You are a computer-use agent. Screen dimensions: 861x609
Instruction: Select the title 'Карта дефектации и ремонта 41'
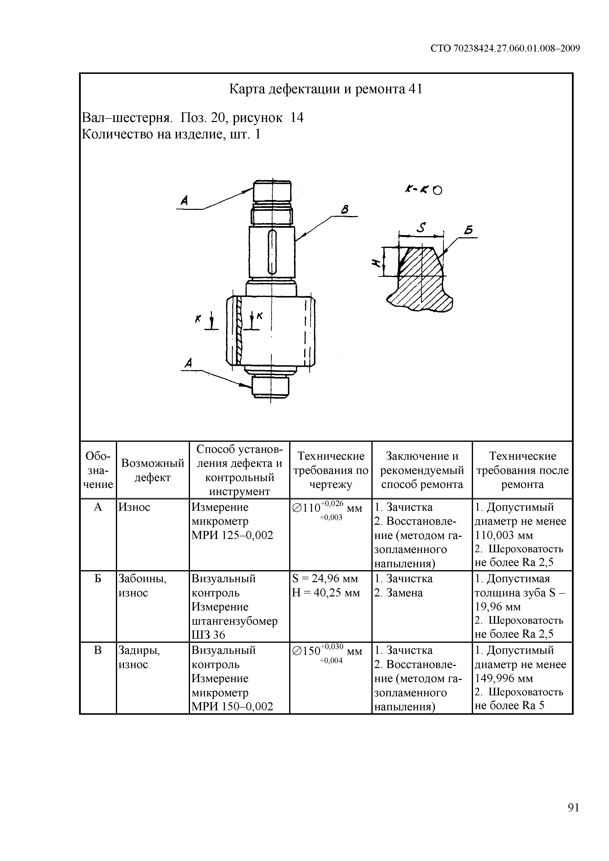click(325, 89)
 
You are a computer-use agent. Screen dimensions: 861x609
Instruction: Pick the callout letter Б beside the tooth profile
click(468, 230)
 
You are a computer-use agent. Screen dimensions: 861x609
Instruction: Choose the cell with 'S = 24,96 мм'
click(325, 579)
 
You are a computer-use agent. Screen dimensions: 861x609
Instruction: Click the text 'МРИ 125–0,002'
click(232, 535)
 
